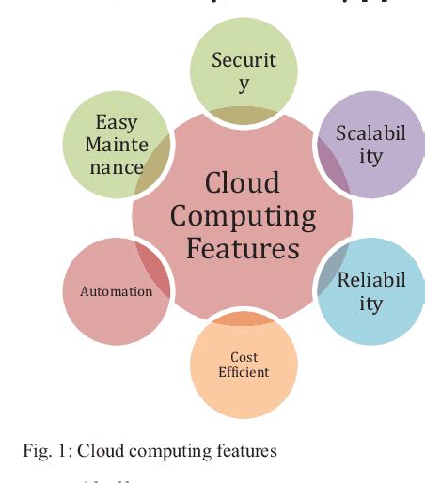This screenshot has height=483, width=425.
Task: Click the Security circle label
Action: coord(244,72)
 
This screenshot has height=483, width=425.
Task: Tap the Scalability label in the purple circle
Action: coord(370,145)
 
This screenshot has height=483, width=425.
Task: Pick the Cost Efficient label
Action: coord(244,365)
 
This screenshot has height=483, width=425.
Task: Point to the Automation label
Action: coord(116,291)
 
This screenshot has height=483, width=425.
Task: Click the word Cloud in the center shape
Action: coord(242,181)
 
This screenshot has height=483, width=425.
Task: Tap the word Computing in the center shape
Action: coord(243,215)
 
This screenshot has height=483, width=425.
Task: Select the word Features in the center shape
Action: coord(243,249)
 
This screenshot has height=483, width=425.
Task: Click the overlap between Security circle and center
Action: coord(243,116)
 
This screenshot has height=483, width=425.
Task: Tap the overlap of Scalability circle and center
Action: coord(332,167)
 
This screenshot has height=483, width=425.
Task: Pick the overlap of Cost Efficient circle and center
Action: coord(243,319)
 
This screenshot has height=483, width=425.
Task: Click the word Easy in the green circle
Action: coord(116,123)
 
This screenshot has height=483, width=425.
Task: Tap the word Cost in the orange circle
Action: coord(244,357)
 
